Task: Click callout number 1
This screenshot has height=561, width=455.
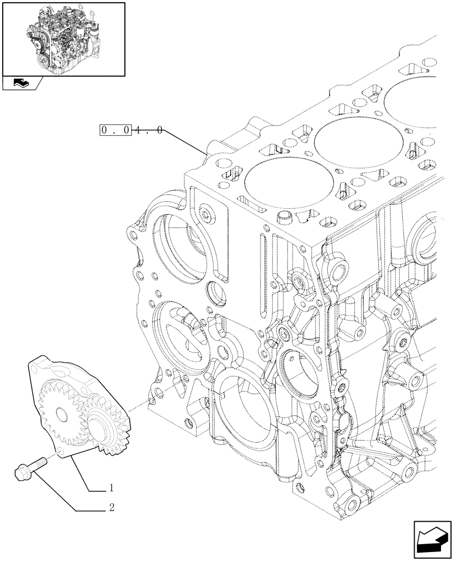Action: click(x=112, y=487)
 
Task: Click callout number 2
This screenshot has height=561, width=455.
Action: click(x=112, y=508)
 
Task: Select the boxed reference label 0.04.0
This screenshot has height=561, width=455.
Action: click(x=132, y=131)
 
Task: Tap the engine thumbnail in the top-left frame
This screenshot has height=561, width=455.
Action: click(x=63, y=38)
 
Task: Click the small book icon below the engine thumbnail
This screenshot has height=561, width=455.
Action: click(x=21, y=84)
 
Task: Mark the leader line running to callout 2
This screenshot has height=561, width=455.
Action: click(x=56, y=494)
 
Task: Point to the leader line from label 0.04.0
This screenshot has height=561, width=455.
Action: click(x=185, y=142)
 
